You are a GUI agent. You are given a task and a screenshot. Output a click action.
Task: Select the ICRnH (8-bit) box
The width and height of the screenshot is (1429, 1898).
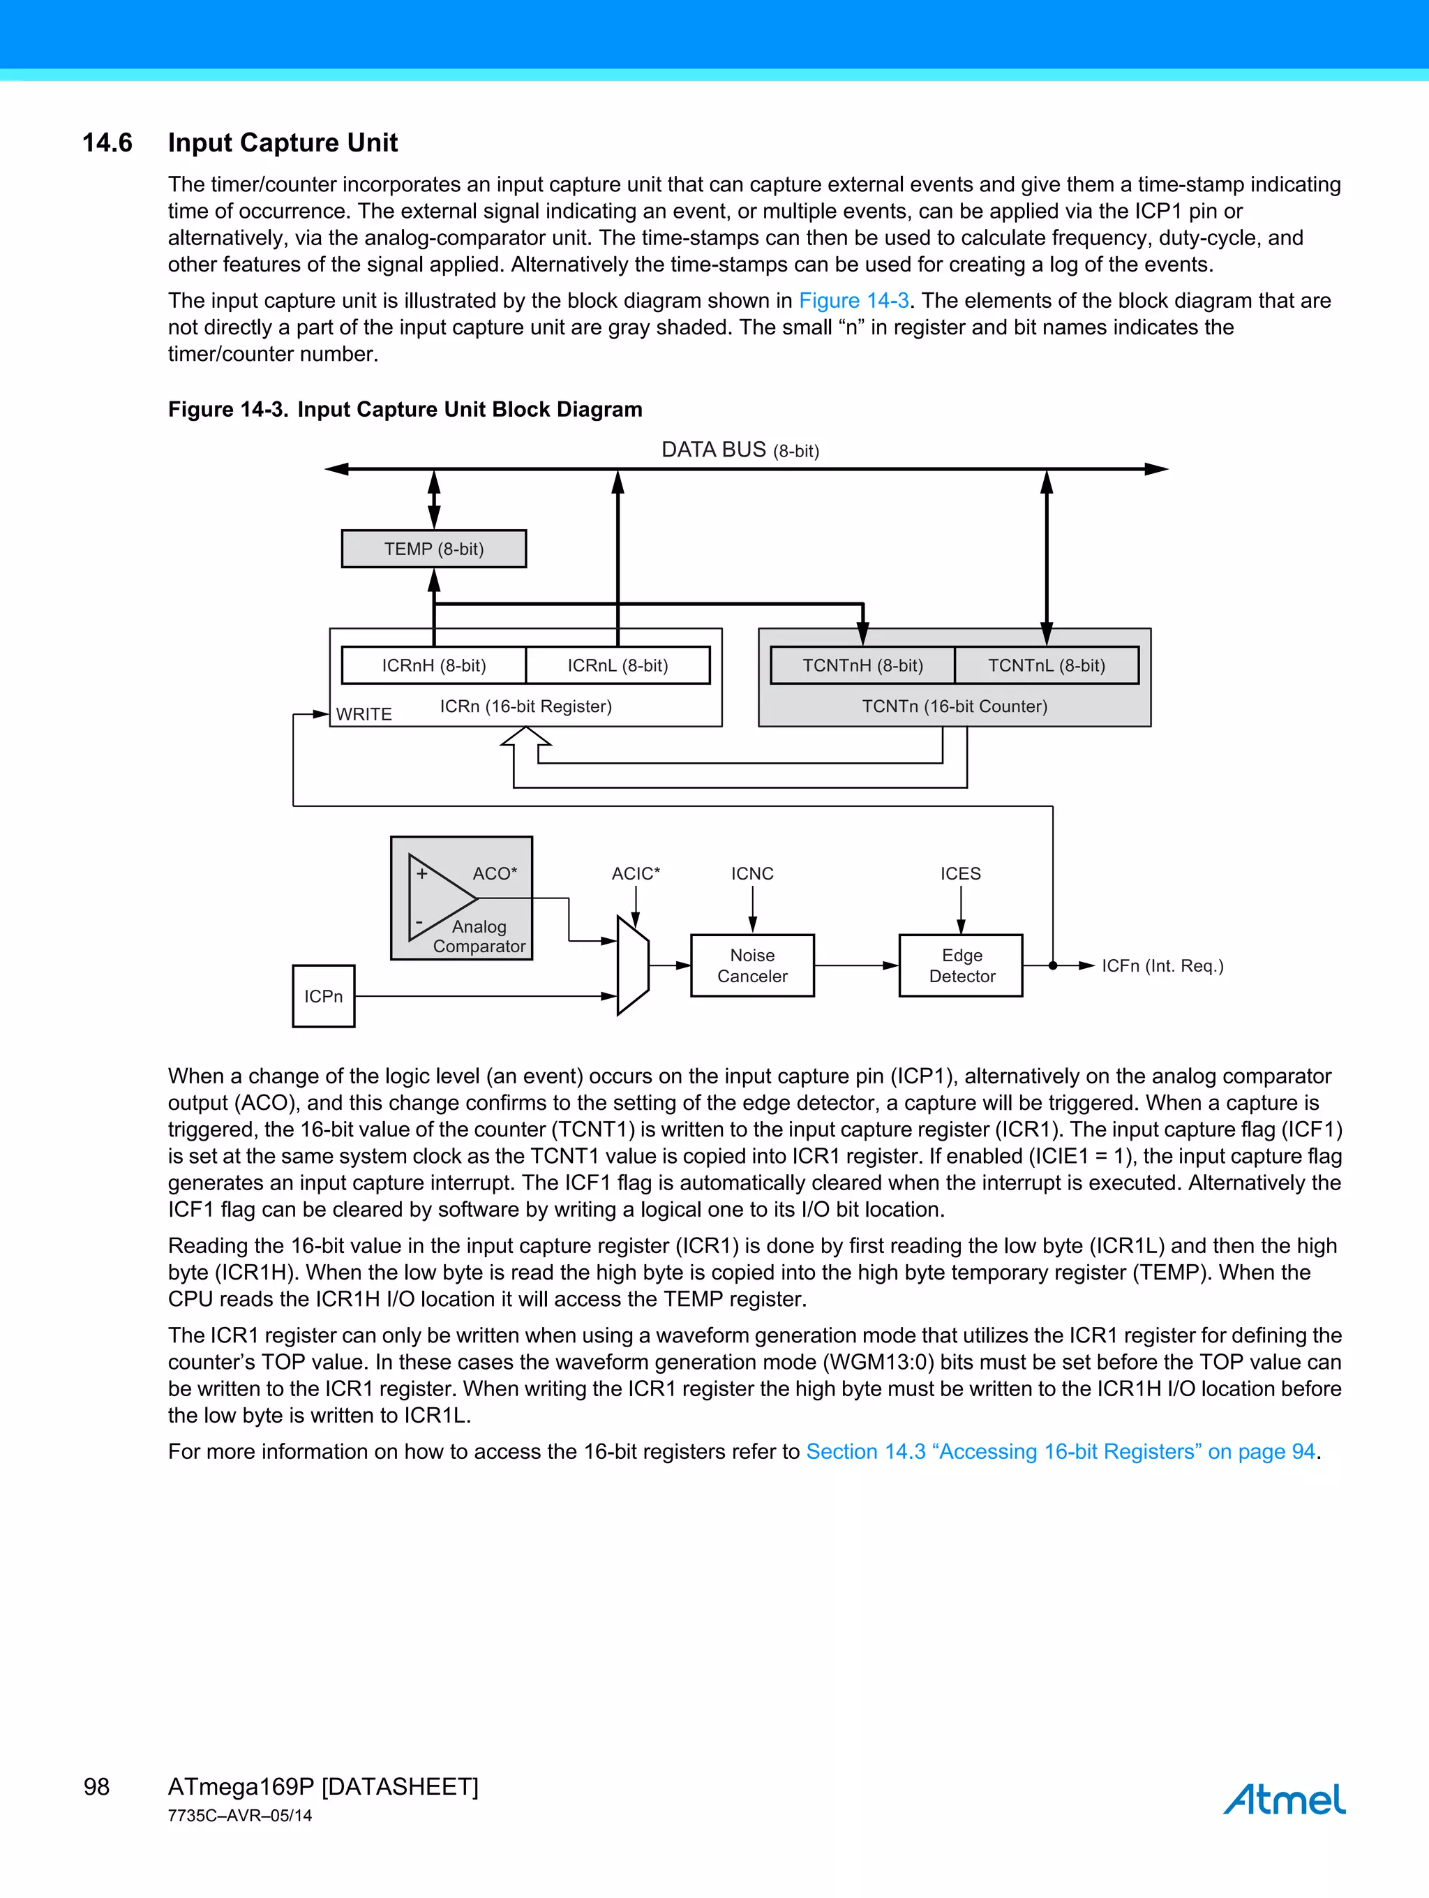point(433,665)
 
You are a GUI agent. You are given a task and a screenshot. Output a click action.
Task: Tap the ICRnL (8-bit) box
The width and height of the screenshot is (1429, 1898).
point(618,665)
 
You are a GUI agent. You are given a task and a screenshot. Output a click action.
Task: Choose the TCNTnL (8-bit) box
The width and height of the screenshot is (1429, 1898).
point(1047,665)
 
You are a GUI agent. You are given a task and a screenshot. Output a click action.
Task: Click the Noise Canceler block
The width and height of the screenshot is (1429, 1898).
point(752,965)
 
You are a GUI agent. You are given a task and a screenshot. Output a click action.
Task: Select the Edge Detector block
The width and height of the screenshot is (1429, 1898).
point(961,965)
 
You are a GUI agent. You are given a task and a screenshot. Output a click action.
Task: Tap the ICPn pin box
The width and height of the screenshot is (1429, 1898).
point(323,996)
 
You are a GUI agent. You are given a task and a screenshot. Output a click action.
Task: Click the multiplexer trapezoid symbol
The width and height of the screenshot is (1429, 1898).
point(633,965)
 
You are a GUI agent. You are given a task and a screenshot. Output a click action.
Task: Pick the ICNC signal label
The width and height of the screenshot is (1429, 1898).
point(752,873)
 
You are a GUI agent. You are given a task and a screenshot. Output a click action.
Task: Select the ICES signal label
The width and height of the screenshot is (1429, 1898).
point(960,873)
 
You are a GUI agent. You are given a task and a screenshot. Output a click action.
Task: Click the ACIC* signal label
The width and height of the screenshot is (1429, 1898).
point(636,873)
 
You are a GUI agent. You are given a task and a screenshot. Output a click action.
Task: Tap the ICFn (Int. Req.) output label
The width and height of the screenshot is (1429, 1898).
point(1162,966)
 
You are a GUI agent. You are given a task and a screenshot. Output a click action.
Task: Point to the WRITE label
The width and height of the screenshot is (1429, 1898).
point(364,714)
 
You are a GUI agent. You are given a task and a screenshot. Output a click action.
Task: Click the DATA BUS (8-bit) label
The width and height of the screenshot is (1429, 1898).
point(740,450)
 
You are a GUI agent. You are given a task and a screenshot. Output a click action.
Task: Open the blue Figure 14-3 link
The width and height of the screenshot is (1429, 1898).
point(853,300)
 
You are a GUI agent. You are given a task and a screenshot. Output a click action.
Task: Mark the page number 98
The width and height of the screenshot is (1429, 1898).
point(96,1786)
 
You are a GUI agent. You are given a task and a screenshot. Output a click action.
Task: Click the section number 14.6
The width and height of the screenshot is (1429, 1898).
point(107,142)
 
